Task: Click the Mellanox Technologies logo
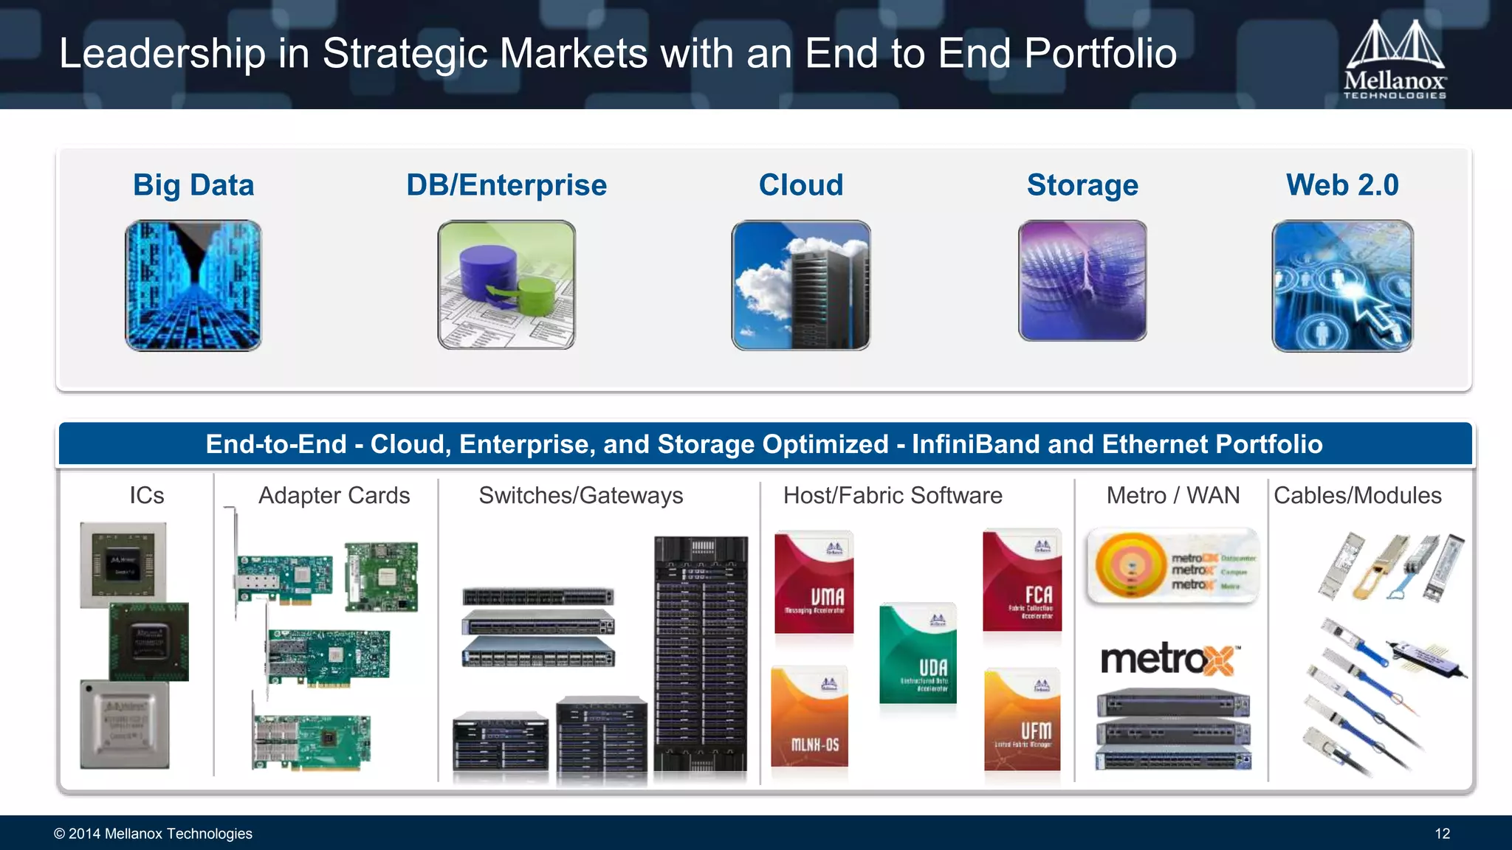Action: click(1394, 60)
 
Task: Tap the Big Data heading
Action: click(193, 185)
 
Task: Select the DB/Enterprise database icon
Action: click(506, 285)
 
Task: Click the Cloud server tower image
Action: click(801, 285)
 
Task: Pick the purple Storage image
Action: click(1082, 281)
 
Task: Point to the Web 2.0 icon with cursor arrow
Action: click(1342, 286)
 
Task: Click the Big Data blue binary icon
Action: click(193, 285)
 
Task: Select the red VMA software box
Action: click(814, 583)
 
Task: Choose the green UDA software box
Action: click(918, 654)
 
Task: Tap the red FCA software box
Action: click(1023, 581)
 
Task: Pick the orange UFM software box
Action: click(1023, 720)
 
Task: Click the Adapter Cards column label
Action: click(334, 496)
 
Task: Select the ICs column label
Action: click(147, 496)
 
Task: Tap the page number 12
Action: click(1442, 834)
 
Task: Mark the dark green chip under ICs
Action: click(149, 641)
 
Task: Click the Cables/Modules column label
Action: click(1357, 496)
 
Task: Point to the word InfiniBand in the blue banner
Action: click(976, 444)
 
